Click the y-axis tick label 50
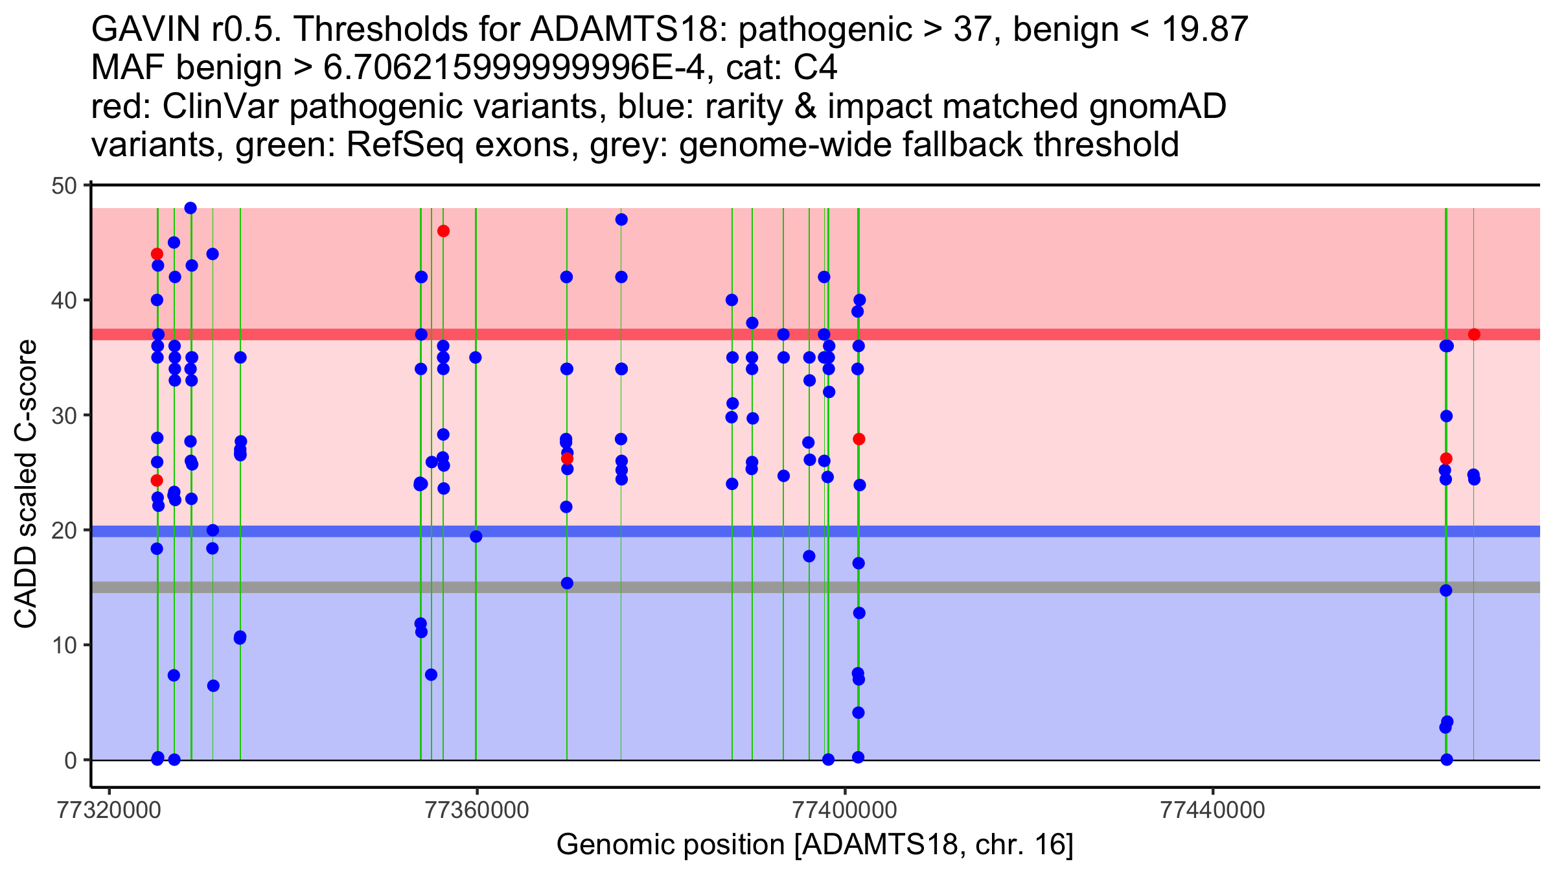pos(63,186)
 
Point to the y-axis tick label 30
pos(63,415)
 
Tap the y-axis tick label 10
pos(63,646)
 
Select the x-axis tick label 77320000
pos(109,811)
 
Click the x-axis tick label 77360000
pos(477,811)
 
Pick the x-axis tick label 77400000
pos(845,811)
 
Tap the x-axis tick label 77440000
pos(1212,811)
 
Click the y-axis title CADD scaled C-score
pos(26,484)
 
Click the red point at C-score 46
pos(443,231)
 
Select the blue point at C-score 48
pos(190,208)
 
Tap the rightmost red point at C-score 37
pos(1474,334)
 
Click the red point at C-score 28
pos(859,439)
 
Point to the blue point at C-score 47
pos(621,220)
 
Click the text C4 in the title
pos(816,68)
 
